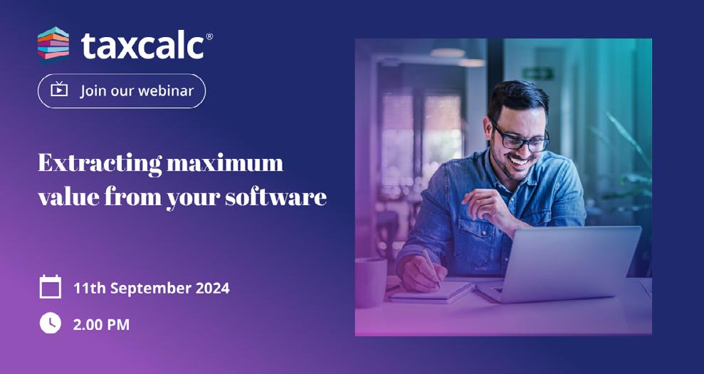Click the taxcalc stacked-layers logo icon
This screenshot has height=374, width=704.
pyautogui.click(x=53, y=44)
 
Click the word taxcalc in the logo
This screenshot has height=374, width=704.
pyautogui.click(x=143, y=46)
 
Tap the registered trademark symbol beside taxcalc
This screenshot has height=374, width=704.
pyautogui.click(x=209, y=36)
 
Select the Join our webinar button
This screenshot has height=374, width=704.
pyautogui.click(x=122, y=90)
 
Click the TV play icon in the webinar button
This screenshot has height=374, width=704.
pyautogui.click(x=59, y=90)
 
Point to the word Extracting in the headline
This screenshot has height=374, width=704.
pyautogui.click(x=100, y=163)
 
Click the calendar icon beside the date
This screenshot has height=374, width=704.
pyautogui.click(x=51, y=287)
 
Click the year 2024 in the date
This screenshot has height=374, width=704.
pyautogui.click(x=212, y=288)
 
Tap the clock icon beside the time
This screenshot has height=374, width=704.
pyautogui.click(x=51, y=323)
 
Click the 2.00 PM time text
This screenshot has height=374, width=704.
pyautogui.click(x=102, y=325)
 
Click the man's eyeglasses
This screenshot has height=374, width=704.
pyautogui.click(x=522, y=138)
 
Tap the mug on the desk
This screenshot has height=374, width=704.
pyautogui.click(x=371, y=283)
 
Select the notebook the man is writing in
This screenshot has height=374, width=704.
pyautogui.click(x=430, y=292)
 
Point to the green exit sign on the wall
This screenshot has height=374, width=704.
pyautogui.click(x=538, y=73)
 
